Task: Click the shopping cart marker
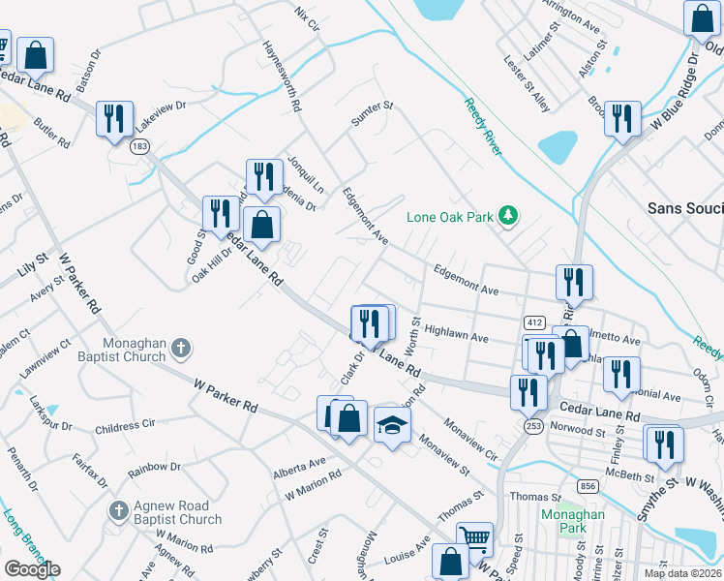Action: tap(474, 537)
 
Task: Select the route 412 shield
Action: tap(533, 321)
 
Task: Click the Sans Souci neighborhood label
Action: tap(684, 208)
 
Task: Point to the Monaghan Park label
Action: tap(573, 522)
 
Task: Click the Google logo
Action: tap(32, 569)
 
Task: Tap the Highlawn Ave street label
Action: tap(456, 334)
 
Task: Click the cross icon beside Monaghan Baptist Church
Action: tap(184, 346)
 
